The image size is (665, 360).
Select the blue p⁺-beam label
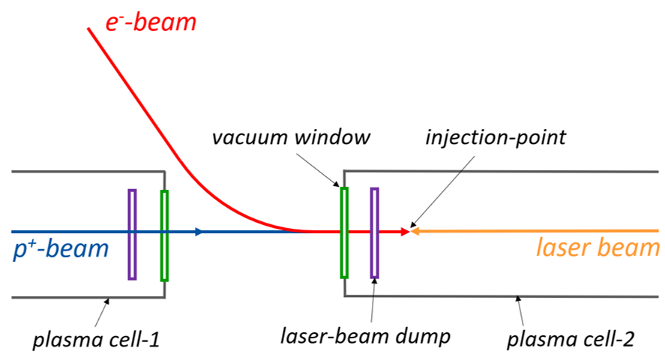61,248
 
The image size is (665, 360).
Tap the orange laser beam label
598,247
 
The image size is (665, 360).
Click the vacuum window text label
290,139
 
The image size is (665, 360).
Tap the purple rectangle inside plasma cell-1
132,234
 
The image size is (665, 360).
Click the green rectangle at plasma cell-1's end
164,235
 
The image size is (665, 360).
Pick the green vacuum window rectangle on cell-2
344,232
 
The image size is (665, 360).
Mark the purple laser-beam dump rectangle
374,232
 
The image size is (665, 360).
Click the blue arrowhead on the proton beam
199,232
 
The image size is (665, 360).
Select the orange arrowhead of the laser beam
415,232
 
